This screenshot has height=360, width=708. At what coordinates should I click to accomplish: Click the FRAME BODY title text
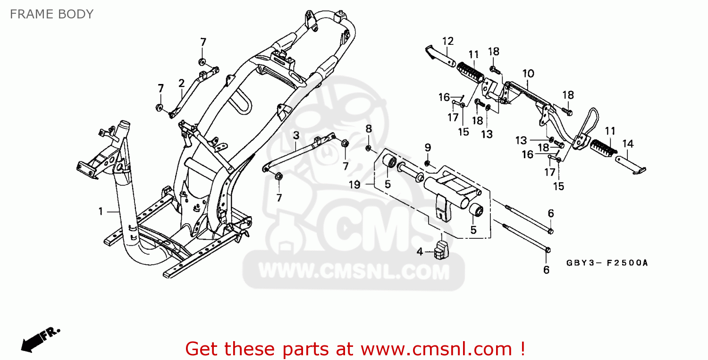(51, 14)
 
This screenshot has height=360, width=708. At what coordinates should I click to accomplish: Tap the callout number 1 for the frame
(101, 211)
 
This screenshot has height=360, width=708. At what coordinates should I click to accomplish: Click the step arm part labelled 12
(441, 56)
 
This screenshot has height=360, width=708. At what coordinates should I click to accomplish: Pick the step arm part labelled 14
(631, 164)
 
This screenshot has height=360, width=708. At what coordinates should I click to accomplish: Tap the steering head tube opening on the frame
(124, 124)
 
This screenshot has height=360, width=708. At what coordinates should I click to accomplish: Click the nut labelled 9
(427, 163)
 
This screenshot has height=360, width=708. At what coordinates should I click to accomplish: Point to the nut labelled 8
(368, 148)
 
